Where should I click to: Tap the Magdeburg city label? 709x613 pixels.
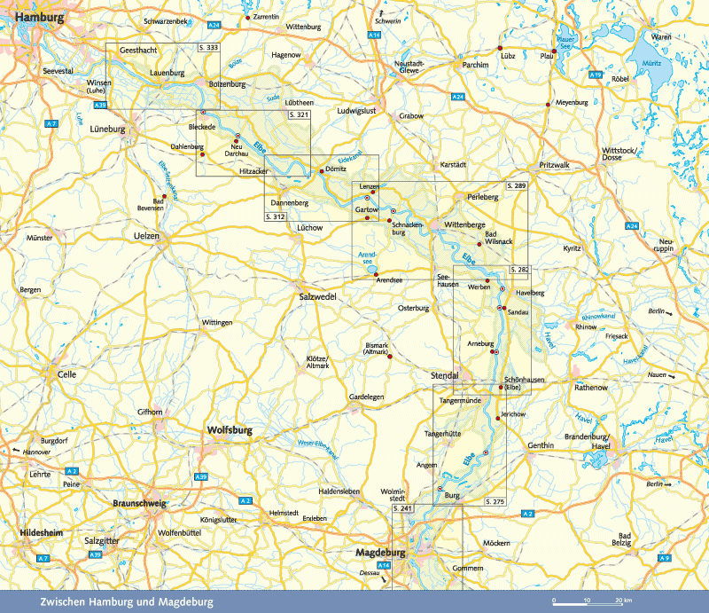tap(379, 552)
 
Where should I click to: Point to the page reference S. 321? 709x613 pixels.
tap(298, 115)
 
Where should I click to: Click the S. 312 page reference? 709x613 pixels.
tap(276, 216)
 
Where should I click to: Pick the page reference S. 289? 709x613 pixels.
tap(515, 187)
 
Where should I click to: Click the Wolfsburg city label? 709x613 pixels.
tap(230, 430)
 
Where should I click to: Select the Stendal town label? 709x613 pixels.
tap(445, 375)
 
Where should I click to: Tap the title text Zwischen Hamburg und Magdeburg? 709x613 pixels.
tap(127, 602)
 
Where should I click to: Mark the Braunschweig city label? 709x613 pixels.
tap(142, 503)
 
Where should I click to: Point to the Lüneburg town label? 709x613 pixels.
tap(110, 129)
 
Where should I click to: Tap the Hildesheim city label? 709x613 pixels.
tap(36, 532)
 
